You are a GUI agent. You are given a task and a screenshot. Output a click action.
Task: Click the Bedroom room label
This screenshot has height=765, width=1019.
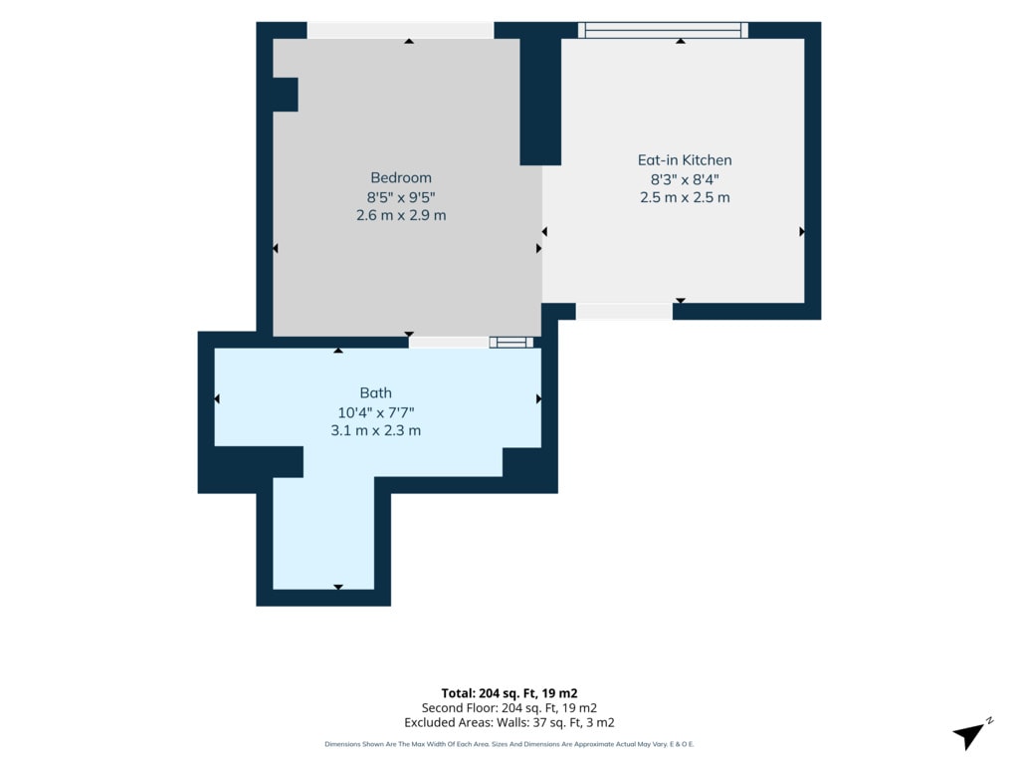401,177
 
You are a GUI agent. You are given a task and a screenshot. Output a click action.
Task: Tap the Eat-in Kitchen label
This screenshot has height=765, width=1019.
685,160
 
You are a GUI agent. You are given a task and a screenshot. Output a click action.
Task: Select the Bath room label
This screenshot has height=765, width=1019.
375,392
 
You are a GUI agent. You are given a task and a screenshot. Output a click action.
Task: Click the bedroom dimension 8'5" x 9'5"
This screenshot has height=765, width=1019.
401,197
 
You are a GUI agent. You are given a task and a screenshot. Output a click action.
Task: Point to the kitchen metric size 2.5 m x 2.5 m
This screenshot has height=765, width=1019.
685,197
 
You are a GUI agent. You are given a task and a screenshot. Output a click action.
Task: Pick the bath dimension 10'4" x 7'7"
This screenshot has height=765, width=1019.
375,412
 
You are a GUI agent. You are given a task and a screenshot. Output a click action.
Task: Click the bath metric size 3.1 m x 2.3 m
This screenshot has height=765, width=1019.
375,430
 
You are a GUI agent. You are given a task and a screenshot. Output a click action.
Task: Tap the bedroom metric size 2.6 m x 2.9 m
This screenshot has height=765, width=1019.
401,215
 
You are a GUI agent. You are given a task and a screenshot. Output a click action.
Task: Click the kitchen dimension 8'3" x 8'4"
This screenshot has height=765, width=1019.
685,179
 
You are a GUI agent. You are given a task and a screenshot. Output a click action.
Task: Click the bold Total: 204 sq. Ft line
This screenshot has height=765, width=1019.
509,693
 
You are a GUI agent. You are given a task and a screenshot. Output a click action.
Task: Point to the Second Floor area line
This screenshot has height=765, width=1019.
509,708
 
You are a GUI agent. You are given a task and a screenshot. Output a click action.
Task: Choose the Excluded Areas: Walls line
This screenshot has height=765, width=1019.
509,723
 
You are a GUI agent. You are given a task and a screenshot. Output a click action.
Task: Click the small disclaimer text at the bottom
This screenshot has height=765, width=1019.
509,744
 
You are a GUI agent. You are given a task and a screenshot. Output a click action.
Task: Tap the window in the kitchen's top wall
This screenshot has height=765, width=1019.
663,30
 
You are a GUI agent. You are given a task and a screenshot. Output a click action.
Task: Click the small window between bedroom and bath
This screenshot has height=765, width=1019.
511,343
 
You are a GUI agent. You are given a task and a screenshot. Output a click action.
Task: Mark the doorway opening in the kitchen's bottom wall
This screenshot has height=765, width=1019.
624,312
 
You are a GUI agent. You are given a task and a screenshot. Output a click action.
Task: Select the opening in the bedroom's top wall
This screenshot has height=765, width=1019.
400,30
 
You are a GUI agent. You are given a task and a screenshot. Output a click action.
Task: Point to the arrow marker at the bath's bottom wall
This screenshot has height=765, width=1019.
338,588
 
